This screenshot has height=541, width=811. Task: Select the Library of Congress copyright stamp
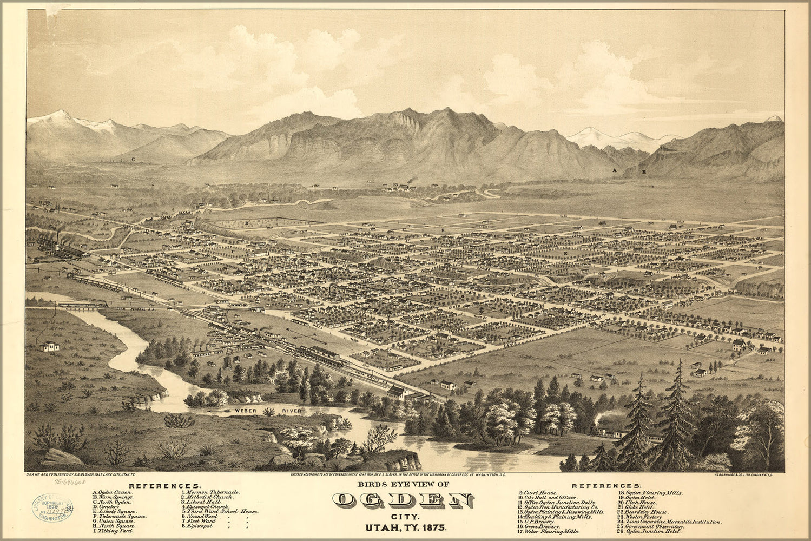coord(52,508)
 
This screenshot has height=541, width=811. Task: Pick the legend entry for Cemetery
coord(108,505)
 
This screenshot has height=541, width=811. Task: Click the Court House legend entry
coord(542,493)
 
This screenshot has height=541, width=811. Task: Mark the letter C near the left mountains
coord(133,160)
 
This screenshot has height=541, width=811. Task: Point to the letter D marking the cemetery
coord(246,223)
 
